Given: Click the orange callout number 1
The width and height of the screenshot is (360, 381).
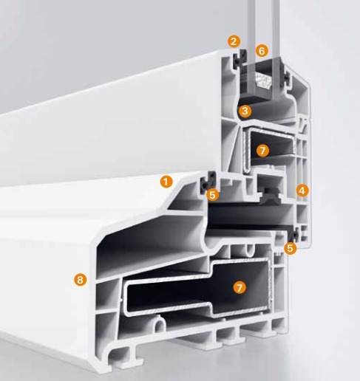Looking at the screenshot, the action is [x=166, y=182].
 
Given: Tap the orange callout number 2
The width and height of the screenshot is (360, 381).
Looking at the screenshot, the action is [x=234, y=41].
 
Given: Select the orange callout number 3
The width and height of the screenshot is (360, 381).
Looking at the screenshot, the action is [x=245, y=111].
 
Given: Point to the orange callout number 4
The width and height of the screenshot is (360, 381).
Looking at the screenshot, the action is [x=302, y=190].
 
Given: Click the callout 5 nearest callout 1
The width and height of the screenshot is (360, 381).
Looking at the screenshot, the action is [x=212, y=195].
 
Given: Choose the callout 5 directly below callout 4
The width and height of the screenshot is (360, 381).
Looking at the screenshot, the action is [x=291, y=248].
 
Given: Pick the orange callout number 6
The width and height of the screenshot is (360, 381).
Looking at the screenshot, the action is [x=262, y=51].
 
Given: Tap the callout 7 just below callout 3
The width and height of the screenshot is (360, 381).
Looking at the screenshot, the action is [x=262, y=151].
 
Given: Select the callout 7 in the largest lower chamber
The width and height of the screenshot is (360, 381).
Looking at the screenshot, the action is [x=240, y=287].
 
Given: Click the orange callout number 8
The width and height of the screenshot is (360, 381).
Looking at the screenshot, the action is [x=81, y=280].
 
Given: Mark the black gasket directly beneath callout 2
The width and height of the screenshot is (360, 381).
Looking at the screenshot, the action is [x=240, y=59].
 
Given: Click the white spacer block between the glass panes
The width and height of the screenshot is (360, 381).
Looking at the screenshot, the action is [x=263, y=80].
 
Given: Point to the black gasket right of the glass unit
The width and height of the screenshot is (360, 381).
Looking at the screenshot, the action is [x=287, y=76].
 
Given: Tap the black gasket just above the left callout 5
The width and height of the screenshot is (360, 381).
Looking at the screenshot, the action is [x=208, y=182].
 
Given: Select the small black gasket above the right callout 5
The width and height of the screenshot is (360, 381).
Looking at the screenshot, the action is [x=294, y=235].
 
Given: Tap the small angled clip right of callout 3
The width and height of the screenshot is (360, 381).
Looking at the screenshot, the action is [x=303, y=125].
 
